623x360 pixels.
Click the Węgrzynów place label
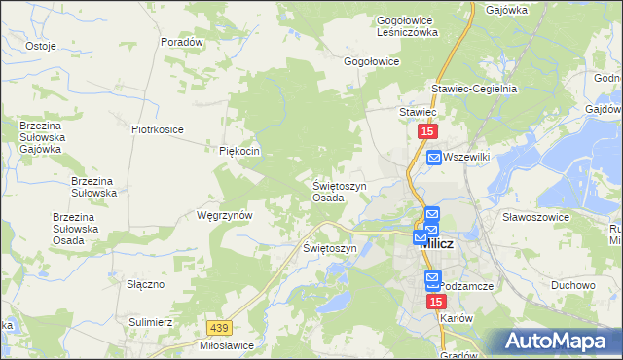pos(225,215)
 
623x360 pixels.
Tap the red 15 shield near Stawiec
pos(428,131)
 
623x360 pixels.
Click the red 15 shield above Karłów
pos(435,303)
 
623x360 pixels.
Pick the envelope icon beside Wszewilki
pos(433,157)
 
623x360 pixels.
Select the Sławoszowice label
pos(535,217)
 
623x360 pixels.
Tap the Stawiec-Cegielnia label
pos(483,89)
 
